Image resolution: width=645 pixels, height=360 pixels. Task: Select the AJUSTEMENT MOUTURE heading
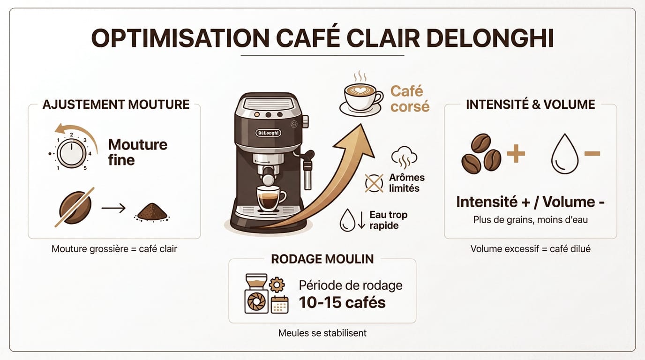tap(116, 104)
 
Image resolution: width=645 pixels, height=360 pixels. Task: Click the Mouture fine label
tap(137, 152)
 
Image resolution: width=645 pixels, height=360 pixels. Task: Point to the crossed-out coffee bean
tap(75, 207)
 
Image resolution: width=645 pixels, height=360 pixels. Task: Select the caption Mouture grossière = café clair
tap(114, 249)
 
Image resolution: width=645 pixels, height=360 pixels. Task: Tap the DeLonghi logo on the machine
tap(268, 133)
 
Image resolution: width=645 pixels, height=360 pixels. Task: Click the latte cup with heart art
tap(360, 96)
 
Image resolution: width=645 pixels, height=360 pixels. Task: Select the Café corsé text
tap(410, 98)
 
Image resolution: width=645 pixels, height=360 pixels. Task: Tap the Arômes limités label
tap(407, 183)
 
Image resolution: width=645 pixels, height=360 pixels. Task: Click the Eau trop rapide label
tap(388, 220)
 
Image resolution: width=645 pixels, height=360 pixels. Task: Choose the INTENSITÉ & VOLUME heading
tap(530, 104)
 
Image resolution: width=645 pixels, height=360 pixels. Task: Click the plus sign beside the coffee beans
tap(516, 153)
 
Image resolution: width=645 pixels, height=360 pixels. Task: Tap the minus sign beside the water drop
tap(592, 153)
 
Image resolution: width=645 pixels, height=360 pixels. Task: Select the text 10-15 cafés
tap(342, 302)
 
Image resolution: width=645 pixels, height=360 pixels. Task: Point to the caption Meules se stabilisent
tap(322, 333)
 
